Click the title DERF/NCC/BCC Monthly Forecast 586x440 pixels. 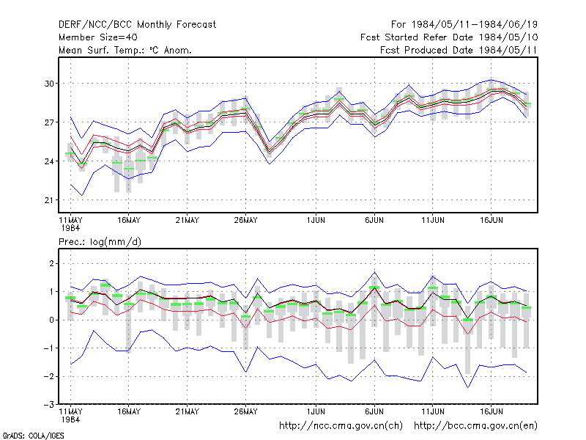pyautogui.click(x=137, y=25)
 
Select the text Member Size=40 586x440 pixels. pyautogui.click(x=98, y=37)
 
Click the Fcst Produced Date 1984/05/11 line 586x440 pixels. pyautogui.click(x=459, y=50)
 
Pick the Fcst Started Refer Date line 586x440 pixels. pyautogui.click(x=449, y=37)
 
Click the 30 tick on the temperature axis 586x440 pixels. pyautogui.click(x=49, y=84)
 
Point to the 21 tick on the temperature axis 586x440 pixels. pyautogui.click(x=49, y=200)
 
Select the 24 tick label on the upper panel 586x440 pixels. pyautogui.click(x=49, y=161)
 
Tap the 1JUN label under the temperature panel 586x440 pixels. pyautogui.click(x=316, y=220)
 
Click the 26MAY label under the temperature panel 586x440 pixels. pyautogui.click(x=245, y=220)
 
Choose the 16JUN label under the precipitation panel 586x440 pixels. pyautogui.click(x=491, y=411)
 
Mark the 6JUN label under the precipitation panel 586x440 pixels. pyautogui.click(x=374, y=411)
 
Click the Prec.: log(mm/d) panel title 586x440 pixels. pyautogui.click(x=100, y=242)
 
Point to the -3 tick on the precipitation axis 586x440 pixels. pyautogui.click(x=49, y=405)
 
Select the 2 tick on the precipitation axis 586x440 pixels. pyautogui.click(x=51, y=264)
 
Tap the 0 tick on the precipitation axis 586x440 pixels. pyautogui.click(x=51, y=320)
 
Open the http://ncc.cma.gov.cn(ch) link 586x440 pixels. pyautogui.click(x=341, y=426)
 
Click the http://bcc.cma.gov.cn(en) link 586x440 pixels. pyautogui.click(x=475, y=426)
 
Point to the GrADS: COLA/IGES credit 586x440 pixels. pyautogui.click(x=33, y=436)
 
